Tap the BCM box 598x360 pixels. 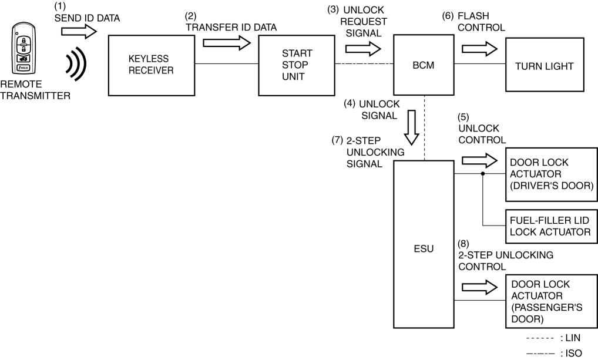[x=423, y=65]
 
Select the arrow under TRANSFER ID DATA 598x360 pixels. [x=226, y=43]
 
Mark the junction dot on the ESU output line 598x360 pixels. [x=483, y=174]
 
